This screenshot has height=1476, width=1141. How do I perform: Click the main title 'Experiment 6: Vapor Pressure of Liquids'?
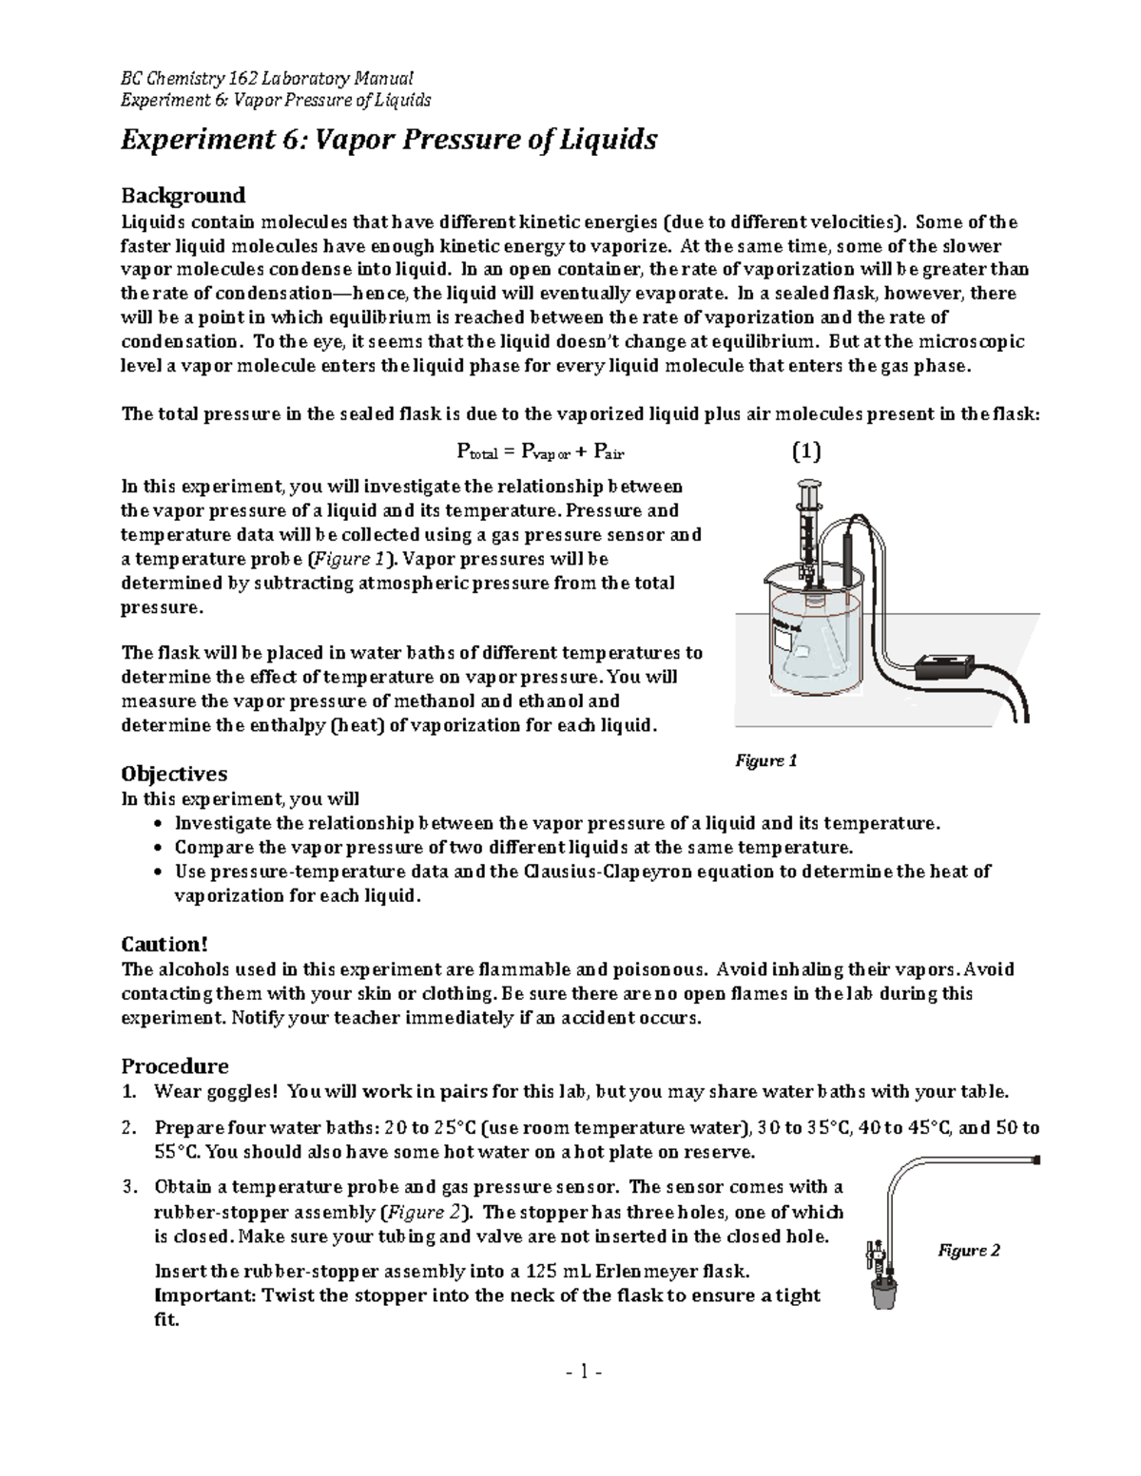[x=388, y=141]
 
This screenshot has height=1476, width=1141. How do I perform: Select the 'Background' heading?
[x=183, y=196]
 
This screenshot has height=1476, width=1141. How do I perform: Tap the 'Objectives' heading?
[x=174, y=774]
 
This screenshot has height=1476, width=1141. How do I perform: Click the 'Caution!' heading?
[x=164, y=944]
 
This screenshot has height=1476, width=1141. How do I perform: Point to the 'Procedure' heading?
[x=175, y=1065]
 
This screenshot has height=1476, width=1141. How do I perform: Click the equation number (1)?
[x=806, y=450]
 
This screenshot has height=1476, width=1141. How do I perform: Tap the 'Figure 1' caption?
[x=765, y=760]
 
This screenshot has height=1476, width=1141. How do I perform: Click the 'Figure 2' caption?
[x=969, y=1251]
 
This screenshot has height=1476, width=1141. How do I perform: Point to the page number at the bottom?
[x=571, y=1371]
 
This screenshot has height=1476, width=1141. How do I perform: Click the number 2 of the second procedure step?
[x=128, y=1129]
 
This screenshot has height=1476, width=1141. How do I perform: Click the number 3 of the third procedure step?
[x=128, y=1187]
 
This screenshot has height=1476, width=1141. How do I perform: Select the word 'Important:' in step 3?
[x=204, y=1295]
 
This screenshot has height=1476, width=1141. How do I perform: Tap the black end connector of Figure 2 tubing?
[x=1035, y=1160]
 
